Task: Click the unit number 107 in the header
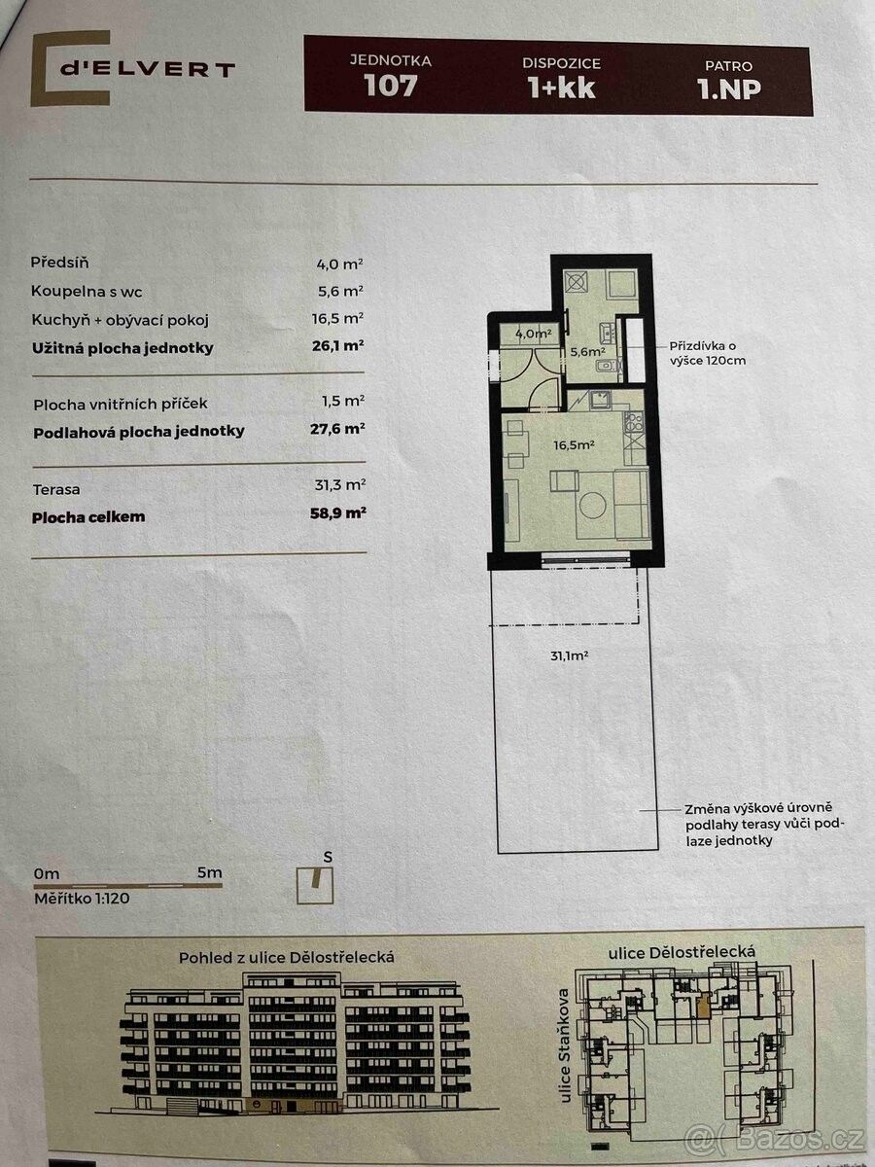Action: (391, 85)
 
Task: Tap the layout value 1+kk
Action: (562, 88)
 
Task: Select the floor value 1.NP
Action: (729, 88)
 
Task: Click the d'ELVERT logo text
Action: (147, 69)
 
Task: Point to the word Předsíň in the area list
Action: (59, 263)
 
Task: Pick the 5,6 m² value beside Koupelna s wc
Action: (339, 291)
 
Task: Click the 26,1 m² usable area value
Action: (338, 346)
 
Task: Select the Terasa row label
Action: (56, 490)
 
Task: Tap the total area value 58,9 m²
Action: (338, 513)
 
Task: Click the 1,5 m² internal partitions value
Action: (342, 401)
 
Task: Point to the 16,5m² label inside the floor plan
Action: (574, 445)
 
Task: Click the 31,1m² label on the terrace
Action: (570, 655)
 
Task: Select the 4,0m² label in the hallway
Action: (534, 334)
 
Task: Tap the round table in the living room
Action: (593, 505)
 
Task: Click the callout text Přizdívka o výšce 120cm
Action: (707, 353)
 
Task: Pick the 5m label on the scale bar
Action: (209, 872)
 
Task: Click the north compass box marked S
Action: (315, 886)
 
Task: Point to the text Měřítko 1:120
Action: (82, 898)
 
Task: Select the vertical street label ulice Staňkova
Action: (564, 1045)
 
